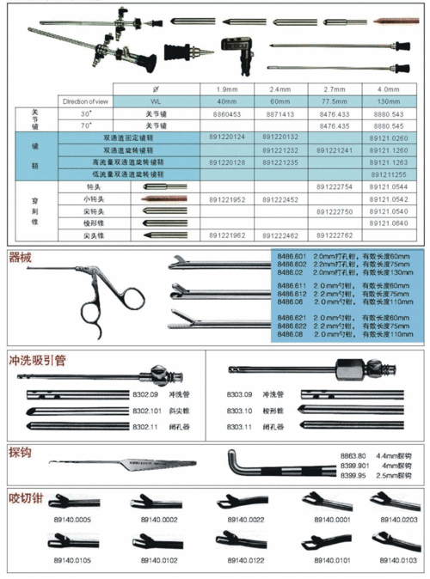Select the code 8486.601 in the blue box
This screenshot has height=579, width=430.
tap(291, 257)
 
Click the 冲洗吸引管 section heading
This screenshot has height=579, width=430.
tap(38, 361)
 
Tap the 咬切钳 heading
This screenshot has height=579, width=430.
tap(25, 497)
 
